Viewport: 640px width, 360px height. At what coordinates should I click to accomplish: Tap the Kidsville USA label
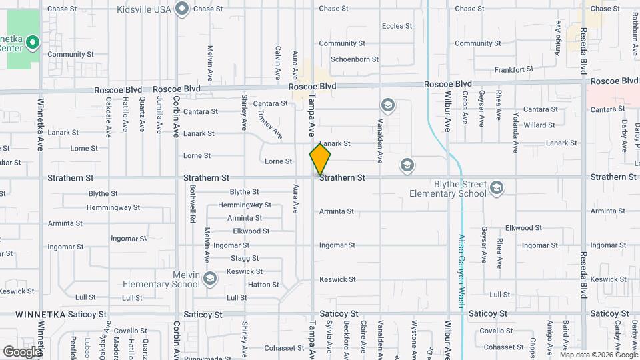click(144, 9)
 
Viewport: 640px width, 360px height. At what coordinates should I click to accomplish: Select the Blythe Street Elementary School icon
click(495, 189)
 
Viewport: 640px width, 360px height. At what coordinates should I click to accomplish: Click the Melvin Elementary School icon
click(210, 278)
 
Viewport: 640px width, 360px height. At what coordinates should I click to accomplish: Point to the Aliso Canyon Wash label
click(461, 270)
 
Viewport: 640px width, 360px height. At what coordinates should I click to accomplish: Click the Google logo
click(22, 351)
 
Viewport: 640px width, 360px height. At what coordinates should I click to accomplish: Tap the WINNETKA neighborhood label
click(42, 313)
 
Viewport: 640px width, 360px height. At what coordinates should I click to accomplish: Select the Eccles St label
click(393, 27)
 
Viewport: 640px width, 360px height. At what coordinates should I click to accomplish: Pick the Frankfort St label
click(514, 69)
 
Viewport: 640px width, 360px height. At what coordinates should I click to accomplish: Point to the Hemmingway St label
click(244, 205)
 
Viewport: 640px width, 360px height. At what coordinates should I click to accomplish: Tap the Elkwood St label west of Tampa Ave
click(251, 231)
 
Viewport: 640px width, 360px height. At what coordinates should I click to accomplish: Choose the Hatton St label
click(263, 285)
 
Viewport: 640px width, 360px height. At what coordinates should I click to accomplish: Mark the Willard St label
click(539, 125)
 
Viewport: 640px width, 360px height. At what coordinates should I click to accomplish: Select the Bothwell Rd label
click(192, 208)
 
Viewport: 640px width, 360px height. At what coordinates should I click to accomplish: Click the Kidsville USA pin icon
click(183, 9)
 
